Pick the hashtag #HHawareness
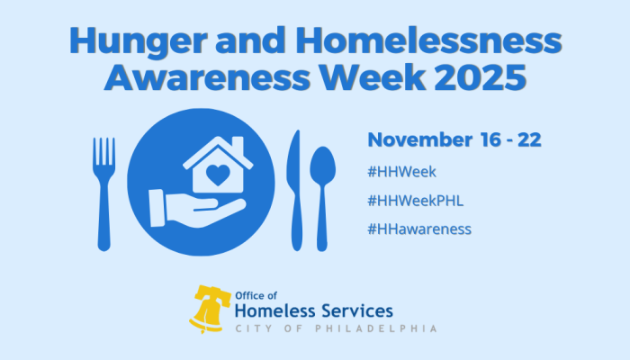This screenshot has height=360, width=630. pyautogui.click(x=419, y=229)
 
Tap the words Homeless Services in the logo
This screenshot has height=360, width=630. pyautogui.click(x=313, y=311)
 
